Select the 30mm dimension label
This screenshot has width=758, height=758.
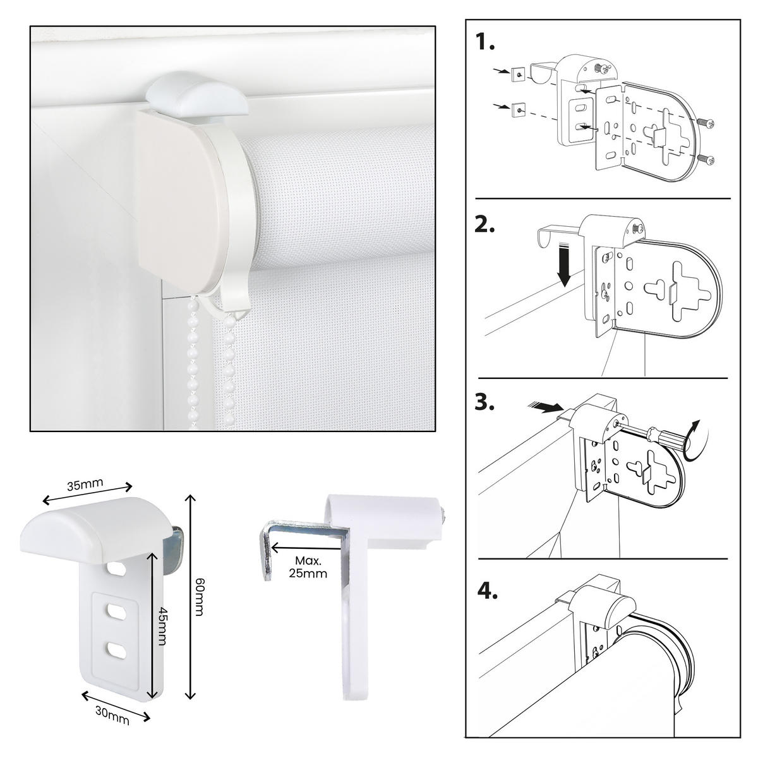click(112, 716)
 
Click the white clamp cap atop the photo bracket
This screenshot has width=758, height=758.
click(196, 95)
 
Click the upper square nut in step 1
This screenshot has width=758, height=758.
click(517, 75)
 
